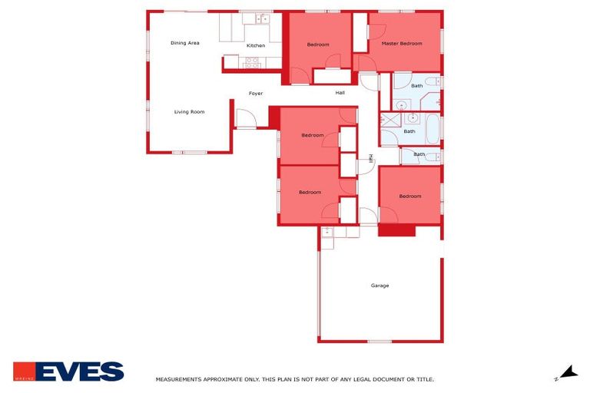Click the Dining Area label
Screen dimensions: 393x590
coord(184,43)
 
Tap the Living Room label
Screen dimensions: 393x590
coord(189,112)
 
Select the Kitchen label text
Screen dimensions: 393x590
coord(256,45)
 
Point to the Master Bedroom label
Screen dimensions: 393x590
coord(403,43)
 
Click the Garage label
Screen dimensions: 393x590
coord(380,286)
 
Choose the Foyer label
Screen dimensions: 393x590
coord(256,94)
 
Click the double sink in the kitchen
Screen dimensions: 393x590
coord(262,18)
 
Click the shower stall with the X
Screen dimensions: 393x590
coord(390,119)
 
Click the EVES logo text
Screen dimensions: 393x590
coord(79,372)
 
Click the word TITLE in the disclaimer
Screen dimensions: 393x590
coord(423,379)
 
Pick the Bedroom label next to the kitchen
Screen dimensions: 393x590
coord(318,45)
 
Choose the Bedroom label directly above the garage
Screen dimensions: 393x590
coord(410,196)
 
